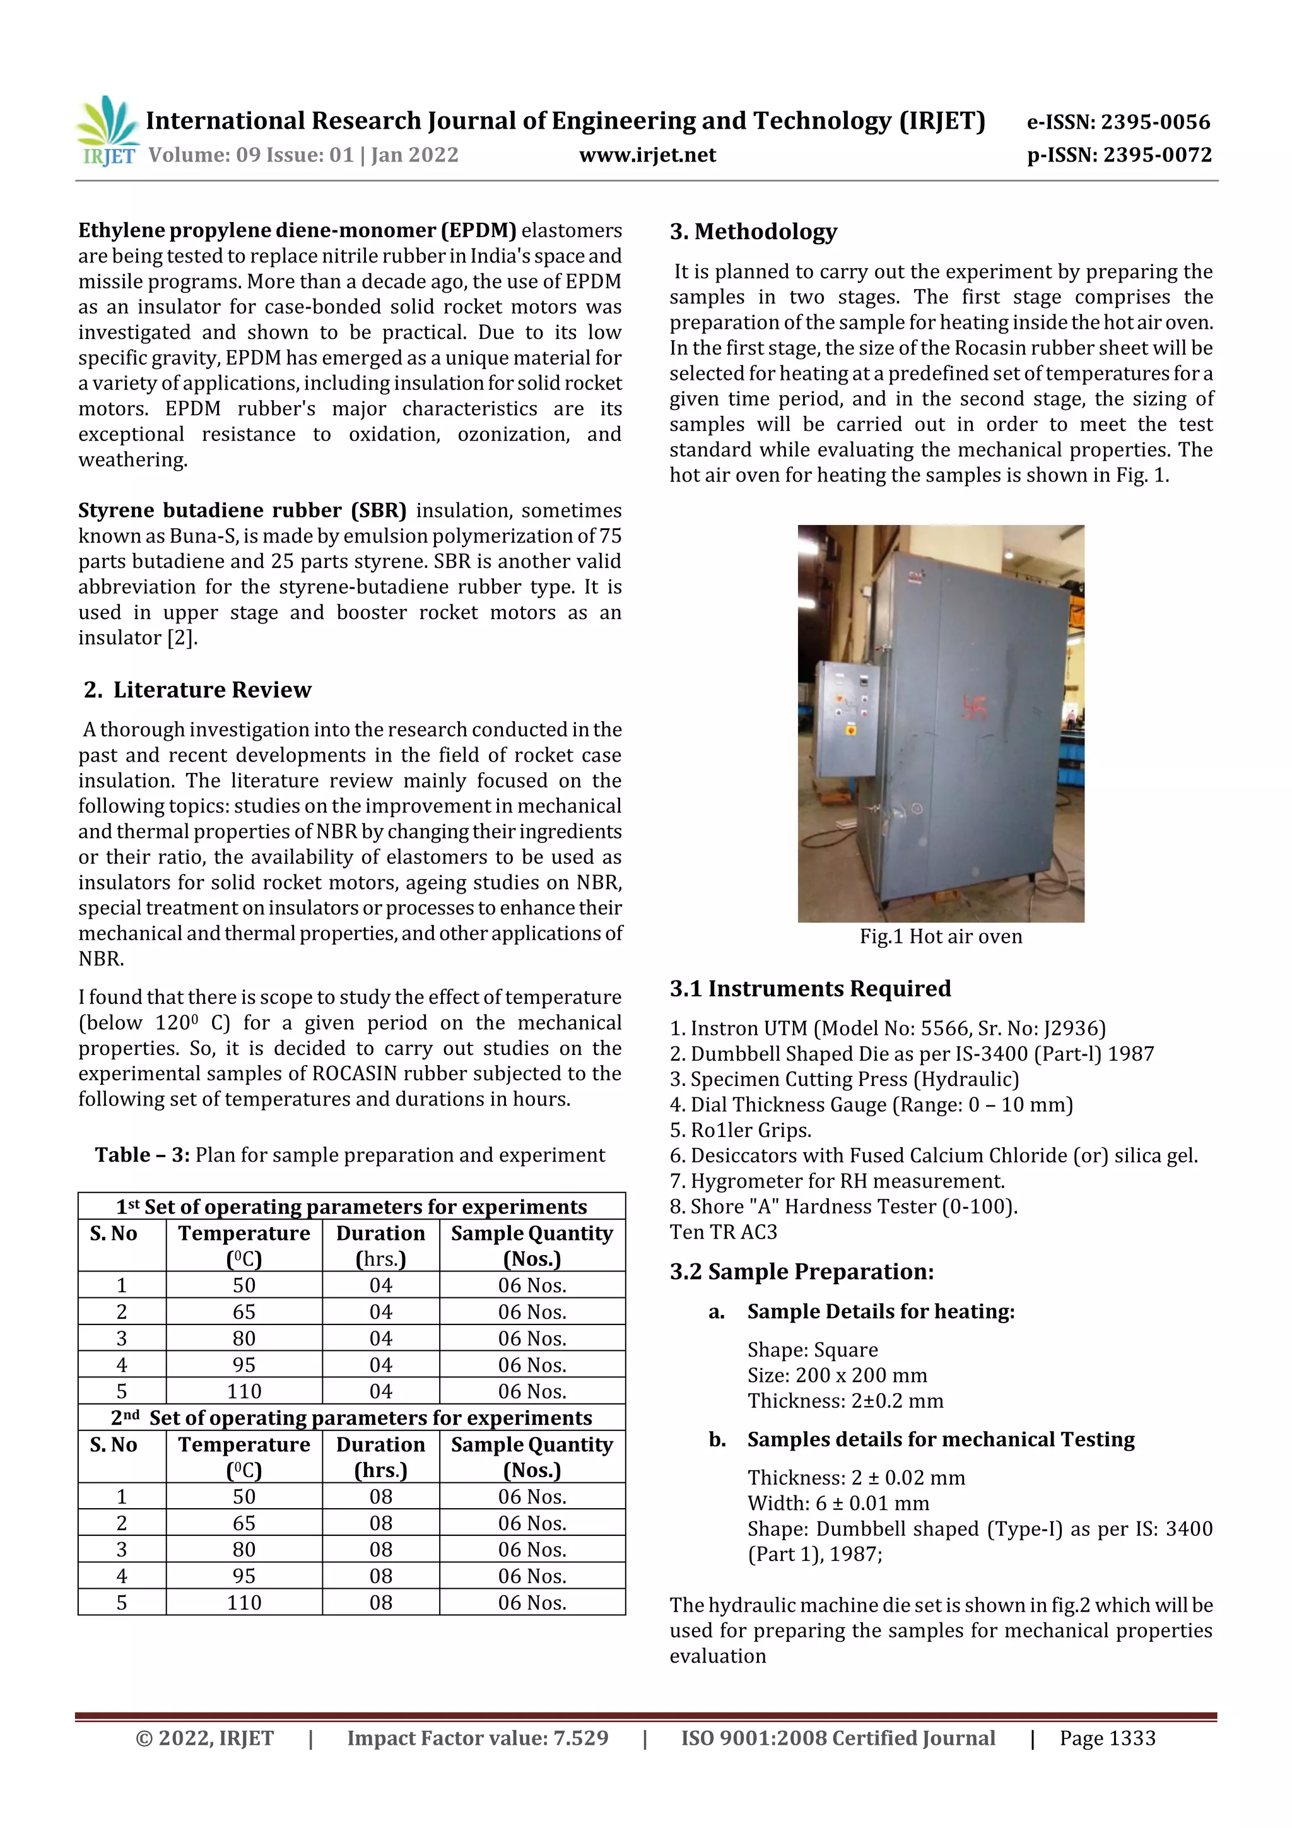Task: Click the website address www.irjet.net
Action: click(647, 155)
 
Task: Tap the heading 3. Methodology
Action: click(753, 232)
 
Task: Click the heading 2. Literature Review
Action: click(197, 690)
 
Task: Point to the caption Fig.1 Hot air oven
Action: click(940, 936)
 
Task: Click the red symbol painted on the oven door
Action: click(975, 707)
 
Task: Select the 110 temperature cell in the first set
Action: click(244, 1391)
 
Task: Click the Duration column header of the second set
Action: click(380, 1456)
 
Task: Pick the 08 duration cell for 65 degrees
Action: click(380, 1523)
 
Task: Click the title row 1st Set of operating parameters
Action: click(351, 1207)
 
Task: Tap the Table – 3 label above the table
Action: click(143, 1155)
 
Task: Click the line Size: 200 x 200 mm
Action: click(837, 1375)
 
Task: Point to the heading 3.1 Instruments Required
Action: click(809, 989)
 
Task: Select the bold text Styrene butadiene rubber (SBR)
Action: click(242, 510)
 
